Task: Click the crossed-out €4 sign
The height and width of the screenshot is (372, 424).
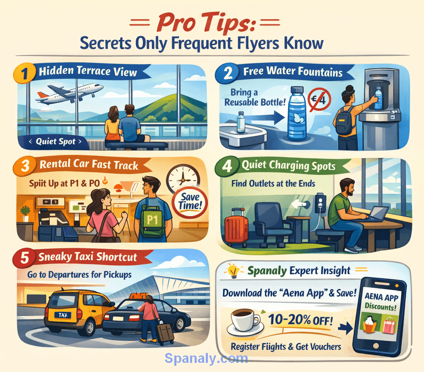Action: [x=319, y=100]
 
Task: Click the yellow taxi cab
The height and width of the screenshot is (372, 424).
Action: [x=77, y=311]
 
